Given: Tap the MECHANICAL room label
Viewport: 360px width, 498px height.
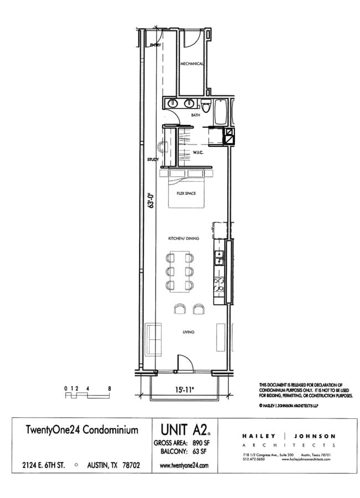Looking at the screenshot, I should [192, 64].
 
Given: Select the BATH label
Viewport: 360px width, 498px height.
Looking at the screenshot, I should [195, 115].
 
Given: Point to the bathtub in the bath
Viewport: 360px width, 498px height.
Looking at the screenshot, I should [220, 111].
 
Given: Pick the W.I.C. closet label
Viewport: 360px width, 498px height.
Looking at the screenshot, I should [199, 152].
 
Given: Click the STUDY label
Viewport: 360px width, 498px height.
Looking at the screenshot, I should [153, 160].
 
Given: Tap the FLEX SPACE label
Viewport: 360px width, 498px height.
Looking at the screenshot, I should [187, 193].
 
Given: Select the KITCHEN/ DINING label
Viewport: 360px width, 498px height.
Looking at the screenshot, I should [183, 238].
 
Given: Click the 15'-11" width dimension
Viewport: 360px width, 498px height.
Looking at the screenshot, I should [184, 389].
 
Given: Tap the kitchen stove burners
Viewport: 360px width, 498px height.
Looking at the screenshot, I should [219, 284].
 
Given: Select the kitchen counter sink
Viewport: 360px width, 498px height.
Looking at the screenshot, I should [219, 256].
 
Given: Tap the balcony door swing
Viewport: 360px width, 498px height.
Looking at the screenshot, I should [185, 363].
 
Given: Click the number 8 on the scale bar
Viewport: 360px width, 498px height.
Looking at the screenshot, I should [109, 388].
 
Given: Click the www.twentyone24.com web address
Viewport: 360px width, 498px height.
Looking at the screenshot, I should [183, 466].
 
